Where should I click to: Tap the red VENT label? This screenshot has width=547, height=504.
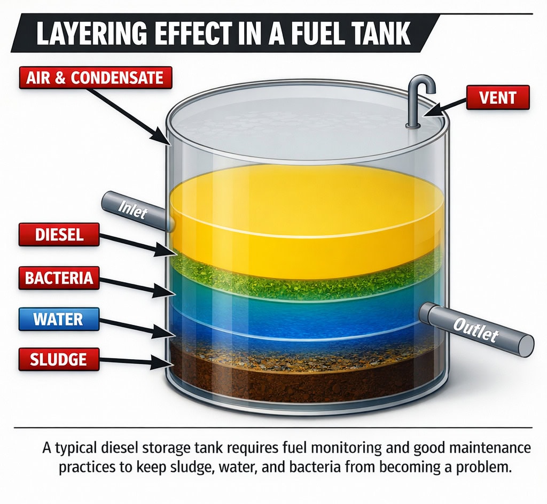pyautogui.click(x=497, y=98)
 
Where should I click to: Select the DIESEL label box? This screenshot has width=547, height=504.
pyautogui.click(x=59, y=235)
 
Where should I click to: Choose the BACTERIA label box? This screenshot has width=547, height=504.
pyautogui.click(x=59, y=277)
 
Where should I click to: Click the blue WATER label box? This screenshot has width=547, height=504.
pyautogui.click(x=59, y=320)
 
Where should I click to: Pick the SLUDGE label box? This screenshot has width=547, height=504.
pyautogui.click(x=59, y=359)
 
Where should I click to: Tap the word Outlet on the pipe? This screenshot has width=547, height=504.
pyautogui.click(x=475, y=328)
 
